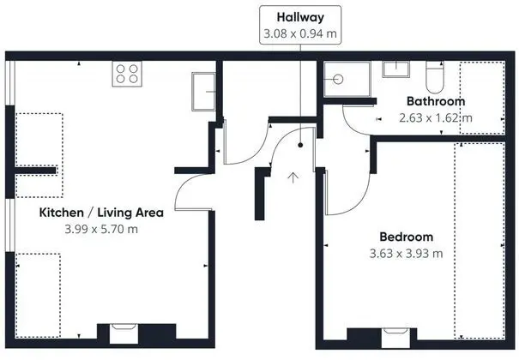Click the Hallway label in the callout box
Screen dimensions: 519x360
click(x=300, y=17)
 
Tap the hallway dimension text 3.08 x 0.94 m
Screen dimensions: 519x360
click(x=300, y=33)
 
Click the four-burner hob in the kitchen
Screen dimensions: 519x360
click(x=127, y=74)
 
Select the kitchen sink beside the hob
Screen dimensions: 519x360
click(x=203, y=92)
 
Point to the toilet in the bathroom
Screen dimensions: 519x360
click(x=435, y=77)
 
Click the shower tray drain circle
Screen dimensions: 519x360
click(x=338, y=80)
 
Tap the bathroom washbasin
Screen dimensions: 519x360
click(x=395, y=69)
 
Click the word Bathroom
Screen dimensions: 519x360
click(x=436, y=101)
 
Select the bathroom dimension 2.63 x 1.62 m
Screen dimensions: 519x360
click(x=436, y=118)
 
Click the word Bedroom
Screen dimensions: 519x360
click(x=406, y=237)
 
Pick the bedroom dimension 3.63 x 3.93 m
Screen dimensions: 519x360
click(x=406, y=254)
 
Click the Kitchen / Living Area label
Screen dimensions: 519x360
click(x=101, y=213)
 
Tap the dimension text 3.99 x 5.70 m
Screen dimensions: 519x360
click(x=101, y=229)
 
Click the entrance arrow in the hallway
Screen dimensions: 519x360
click(x=293, y=177)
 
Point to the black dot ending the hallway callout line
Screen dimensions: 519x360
click(x=300, y=145)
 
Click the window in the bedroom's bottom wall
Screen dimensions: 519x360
click(x=395, y=338)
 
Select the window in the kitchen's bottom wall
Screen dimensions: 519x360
click(x=124, y=333)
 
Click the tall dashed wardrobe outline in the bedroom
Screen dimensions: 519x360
click(x=480, y=241)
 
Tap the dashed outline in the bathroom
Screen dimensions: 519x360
click(x=482, y=98)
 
